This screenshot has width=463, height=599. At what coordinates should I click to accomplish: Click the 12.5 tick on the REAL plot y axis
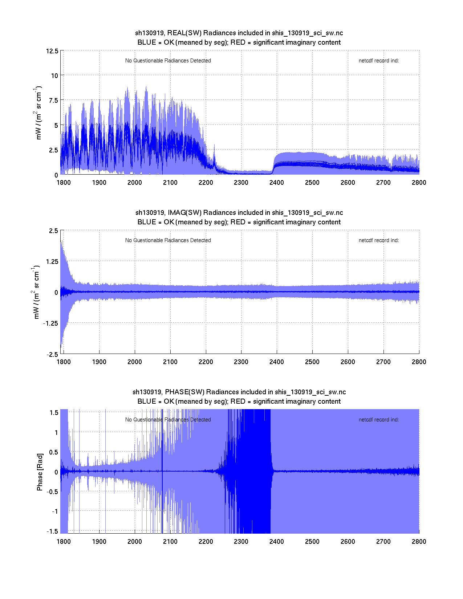52,51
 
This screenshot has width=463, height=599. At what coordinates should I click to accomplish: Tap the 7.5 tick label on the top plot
53,100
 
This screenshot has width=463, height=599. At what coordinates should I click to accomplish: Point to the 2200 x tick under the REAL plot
206,183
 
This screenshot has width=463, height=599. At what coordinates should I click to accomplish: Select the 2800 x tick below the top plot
419,183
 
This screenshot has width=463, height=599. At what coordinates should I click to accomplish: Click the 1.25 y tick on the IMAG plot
51,262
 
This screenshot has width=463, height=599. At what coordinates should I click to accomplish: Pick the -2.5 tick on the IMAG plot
52,355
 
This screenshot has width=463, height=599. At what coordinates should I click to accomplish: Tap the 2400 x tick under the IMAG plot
277,362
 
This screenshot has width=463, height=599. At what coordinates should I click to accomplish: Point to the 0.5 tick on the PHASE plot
54,452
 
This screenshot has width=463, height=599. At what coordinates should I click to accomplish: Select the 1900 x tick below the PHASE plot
99,542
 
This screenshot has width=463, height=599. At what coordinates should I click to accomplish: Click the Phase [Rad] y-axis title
40,472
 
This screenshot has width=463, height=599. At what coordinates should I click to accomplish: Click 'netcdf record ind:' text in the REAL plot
378,61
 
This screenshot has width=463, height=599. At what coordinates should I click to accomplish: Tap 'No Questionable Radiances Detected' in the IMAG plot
168,240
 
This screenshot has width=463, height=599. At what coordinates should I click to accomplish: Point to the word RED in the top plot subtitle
238,42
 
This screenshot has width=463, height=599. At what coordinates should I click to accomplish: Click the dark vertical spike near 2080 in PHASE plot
162,472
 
